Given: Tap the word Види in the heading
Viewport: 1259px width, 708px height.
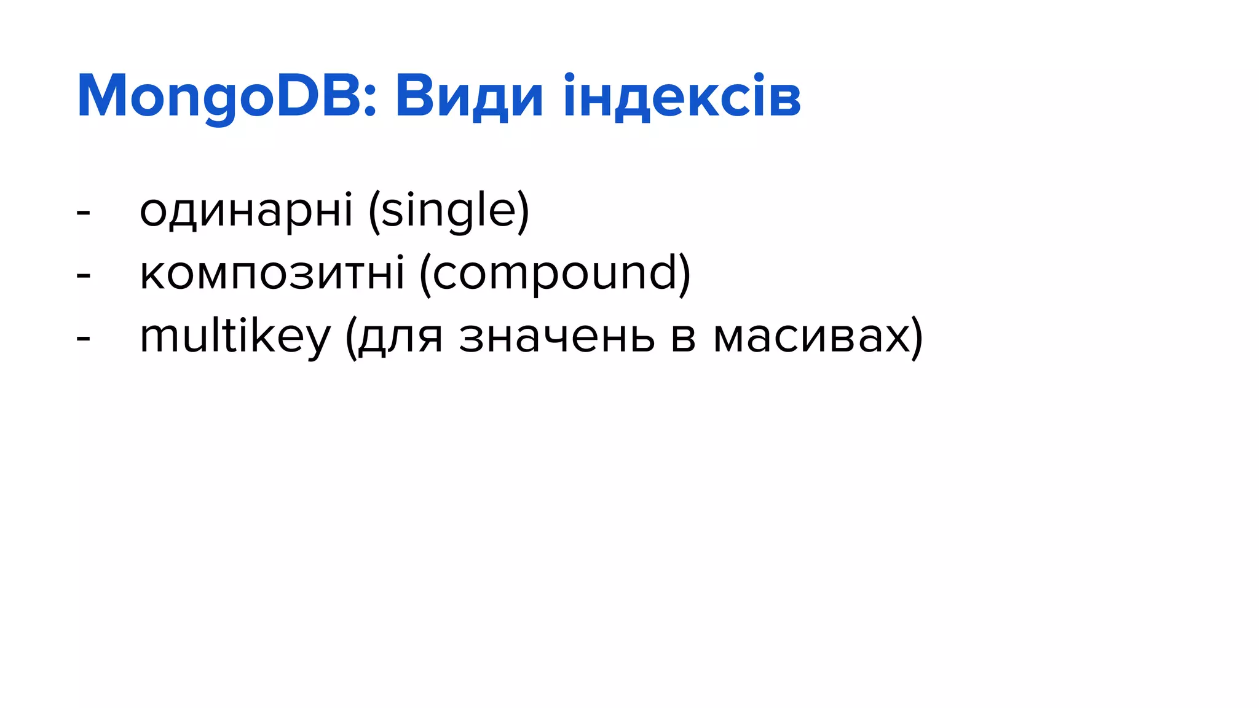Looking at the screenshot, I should pos(468,96).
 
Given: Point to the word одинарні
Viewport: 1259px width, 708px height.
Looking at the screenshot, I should pos(246,211).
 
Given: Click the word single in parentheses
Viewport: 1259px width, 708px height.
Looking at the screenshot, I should pos(448,211).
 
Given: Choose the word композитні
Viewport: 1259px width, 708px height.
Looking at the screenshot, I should pos(272,273).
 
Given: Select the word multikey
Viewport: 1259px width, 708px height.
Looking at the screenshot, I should pos(235,337).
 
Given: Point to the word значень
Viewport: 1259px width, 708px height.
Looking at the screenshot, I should pos(556,337).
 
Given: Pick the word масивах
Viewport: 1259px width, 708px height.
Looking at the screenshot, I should pos(811,337).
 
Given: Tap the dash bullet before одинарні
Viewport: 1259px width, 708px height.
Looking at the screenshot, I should pos(84,213).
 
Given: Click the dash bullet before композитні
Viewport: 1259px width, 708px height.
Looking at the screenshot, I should pos(84,275).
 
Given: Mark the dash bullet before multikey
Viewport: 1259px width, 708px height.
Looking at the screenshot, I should pos(84,339).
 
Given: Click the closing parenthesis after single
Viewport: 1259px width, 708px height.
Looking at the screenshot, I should pos(523,211).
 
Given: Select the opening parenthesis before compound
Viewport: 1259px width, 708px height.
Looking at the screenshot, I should pos(424,274).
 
